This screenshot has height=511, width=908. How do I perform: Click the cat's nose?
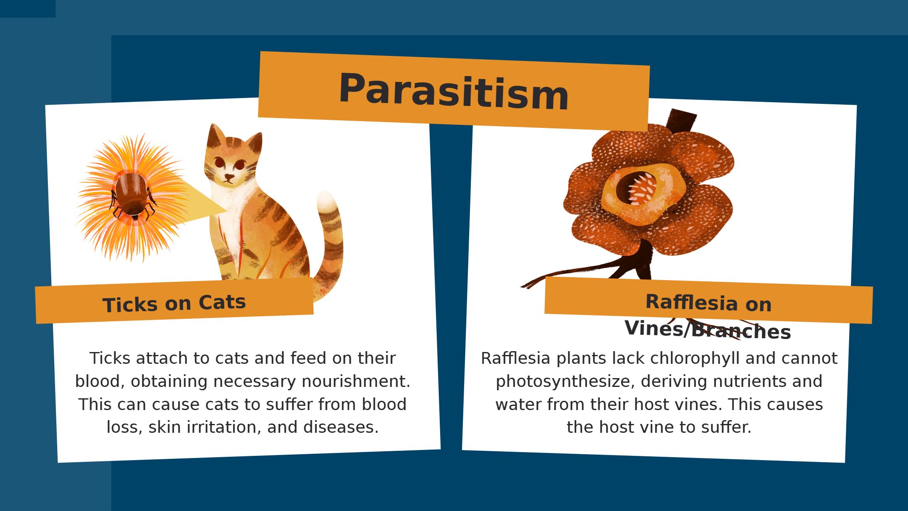pyautogui.click(x=229, y=176)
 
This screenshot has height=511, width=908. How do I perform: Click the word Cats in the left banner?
pyautogui.click(x=222, y=302)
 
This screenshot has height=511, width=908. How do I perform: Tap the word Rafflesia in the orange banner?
pyautogui.click(x=692, y=302)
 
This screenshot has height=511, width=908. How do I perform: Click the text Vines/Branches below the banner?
pyautogui.click(x=707, y=330)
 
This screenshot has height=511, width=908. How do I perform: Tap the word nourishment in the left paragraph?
pyautogui.click(x=356, y=381)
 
